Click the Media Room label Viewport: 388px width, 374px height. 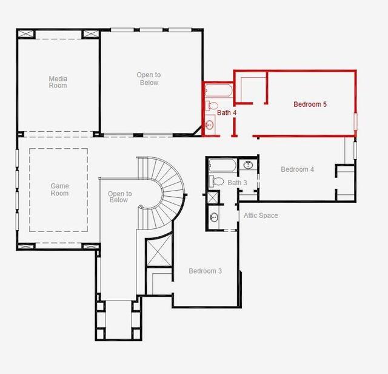(58, 82)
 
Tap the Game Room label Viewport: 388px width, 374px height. (59, 189)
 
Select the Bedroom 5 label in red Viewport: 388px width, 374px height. (310, 104)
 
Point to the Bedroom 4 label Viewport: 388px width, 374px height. (298, 169)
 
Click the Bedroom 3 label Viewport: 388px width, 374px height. (205, 271)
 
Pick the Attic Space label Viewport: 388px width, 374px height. (261, 216)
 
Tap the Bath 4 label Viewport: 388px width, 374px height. (227, 113)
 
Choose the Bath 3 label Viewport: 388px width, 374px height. (237, 183)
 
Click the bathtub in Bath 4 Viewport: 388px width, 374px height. (219, 90)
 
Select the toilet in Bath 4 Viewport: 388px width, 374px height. (212, 106)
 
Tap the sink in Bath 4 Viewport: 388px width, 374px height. (210, 124)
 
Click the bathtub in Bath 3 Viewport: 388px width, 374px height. (222, 165)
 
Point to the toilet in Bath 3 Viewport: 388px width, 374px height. (216, 181)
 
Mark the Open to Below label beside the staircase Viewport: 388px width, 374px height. (120, 197)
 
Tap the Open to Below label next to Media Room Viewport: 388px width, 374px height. (149, 79)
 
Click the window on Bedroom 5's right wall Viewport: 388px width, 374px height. (356, 121)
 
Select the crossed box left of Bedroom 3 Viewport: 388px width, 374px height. (159, 251)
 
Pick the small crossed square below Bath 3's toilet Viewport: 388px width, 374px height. (213, 197)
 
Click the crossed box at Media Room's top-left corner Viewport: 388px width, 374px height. (25, 34)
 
